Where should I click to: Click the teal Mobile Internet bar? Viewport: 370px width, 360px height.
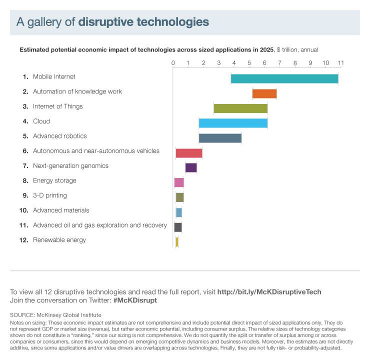click(x=284, y=78)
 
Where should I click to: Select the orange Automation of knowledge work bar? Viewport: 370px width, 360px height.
click(x=264, y=93)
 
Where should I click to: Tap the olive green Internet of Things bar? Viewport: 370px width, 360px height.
click(x=240, y=108)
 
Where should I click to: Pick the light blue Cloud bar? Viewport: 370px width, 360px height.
click(x=233, y=123)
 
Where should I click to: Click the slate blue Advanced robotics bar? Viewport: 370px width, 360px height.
click(x=220, y=138)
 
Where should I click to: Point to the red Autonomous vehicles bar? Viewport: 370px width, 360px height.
click(x=189, y=153)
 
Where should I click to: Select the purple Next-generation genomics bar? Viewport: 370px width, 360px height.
click(x=191, y=167)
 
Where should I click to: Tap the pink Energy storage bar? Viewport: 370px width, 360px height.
click(x=179, y=182)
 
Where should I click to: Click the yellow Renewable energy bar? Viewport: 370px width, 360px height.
click(x=177, y=242)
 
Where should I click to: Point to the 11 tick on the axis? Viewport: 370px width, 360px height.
click(x=341, y=63)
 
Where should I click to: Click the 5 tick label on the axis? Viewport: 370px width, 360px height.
click(x=249, y=63)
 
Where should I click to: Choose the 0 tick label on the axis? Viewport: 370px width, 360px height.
click(x=173, y=63)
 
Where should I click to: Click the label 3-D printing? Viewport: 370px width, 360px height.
click(x=50, y=195)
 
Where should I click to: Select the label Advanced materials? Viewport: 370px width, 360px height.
click(x=61, y=210)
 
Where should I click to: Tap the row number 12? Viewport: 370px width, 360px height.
click(x=23, y=240)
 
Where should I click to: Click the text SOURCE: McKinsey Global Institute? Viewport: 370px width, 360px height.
click(x=55, y=315)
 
